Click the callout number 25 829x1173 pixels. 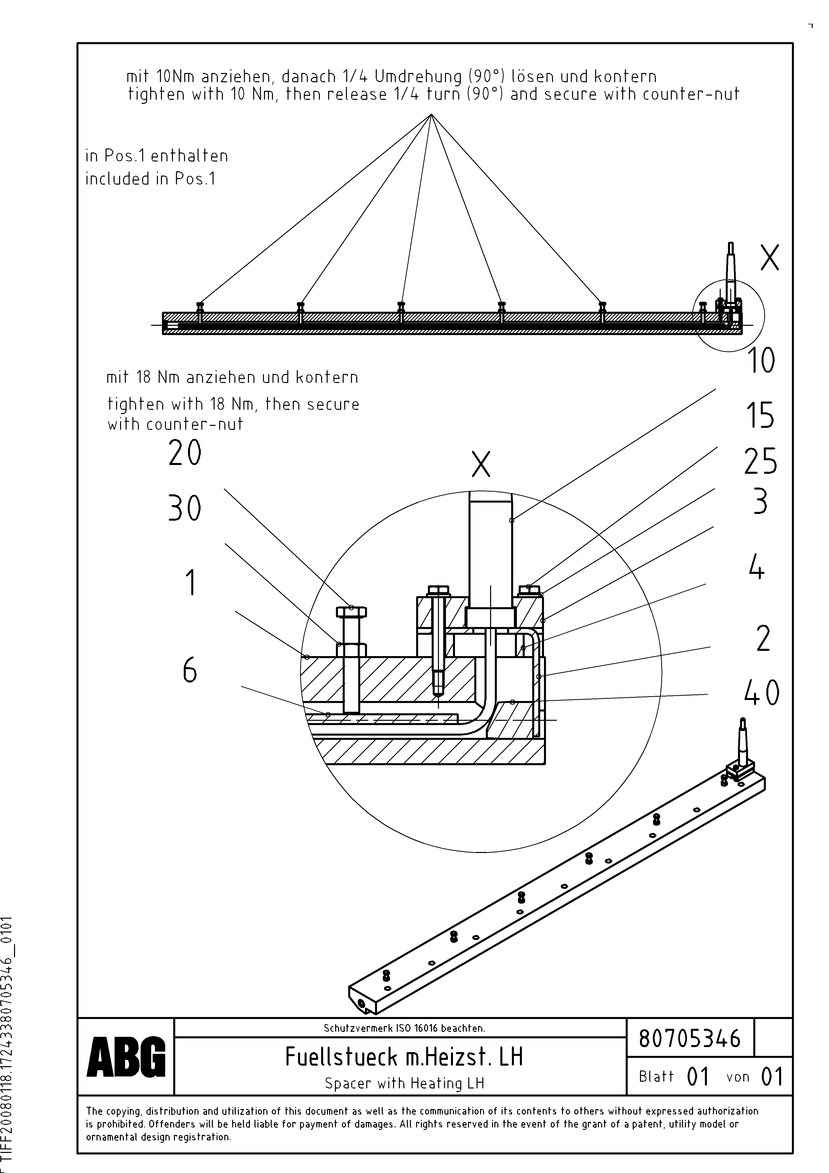760,461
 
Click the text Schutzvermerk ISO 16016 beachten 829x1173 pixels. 404,1028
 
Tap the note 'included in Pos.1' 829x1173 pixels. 150,179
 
